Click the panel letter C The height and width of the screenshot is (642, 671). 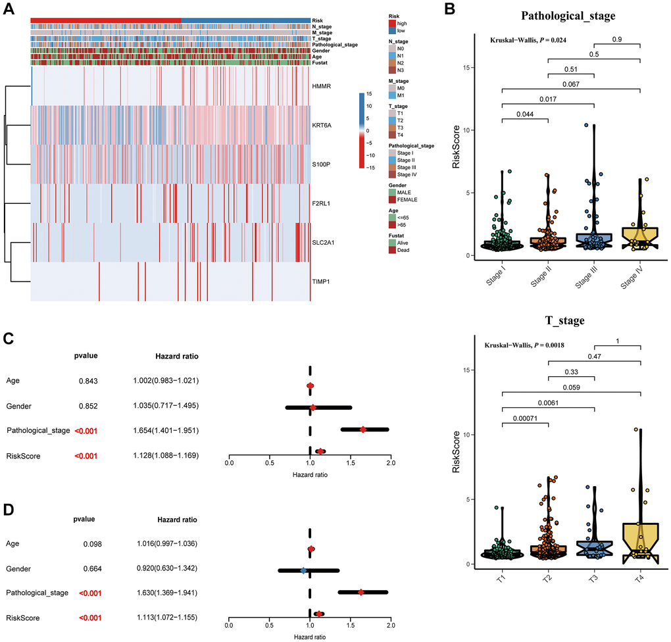[8, 338]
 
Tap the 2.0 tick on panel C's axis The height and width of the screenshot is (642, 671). [391, 462]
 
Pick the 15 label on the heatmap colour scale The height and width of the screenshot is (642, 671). [369, 94]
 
